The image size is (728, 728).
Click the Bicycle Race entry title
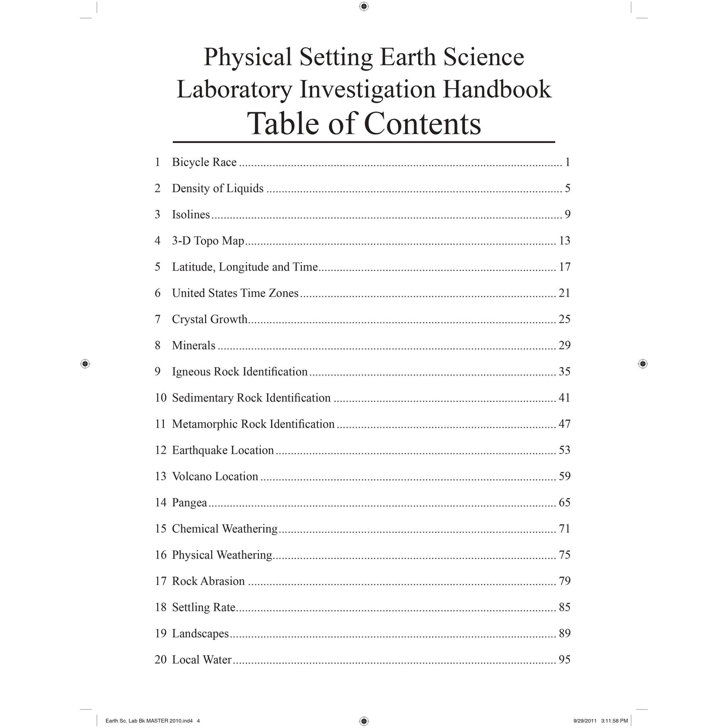[204, 162]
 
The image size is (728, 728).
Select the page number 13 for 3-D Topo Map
[564, 241]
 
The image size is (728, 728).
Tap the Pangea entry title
[189, 503]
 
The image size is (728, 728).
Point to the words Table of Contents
[364, 123]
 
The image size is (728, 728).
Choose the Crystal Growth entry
[210, 319]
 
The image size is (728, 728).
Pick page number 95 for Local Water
[564, 660]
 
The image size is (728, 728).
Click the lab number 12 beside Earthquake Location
[160, 450]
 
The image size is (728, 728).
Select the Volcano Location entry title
[215, 477]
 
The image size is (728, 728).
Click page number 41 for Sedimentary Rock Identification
[564, 398]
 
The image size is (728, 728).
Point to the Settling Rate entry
[204, 608]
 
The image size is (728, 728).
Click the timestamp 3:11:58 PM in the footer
[614, 721]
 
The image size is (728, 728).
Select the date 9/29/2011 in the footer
[585, 721]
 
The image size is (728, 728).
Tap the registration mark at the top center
[364, 7]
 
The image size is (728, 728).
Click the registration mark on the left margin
[85, 363]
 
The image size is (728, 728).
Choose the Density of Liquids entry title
[218, 188]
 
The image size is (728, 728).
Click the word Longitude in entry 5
[244, 267]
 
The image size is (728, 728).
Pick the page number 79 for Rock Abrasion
[564, 581]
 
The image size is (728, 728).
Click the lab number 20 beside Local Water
[160, 660]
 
